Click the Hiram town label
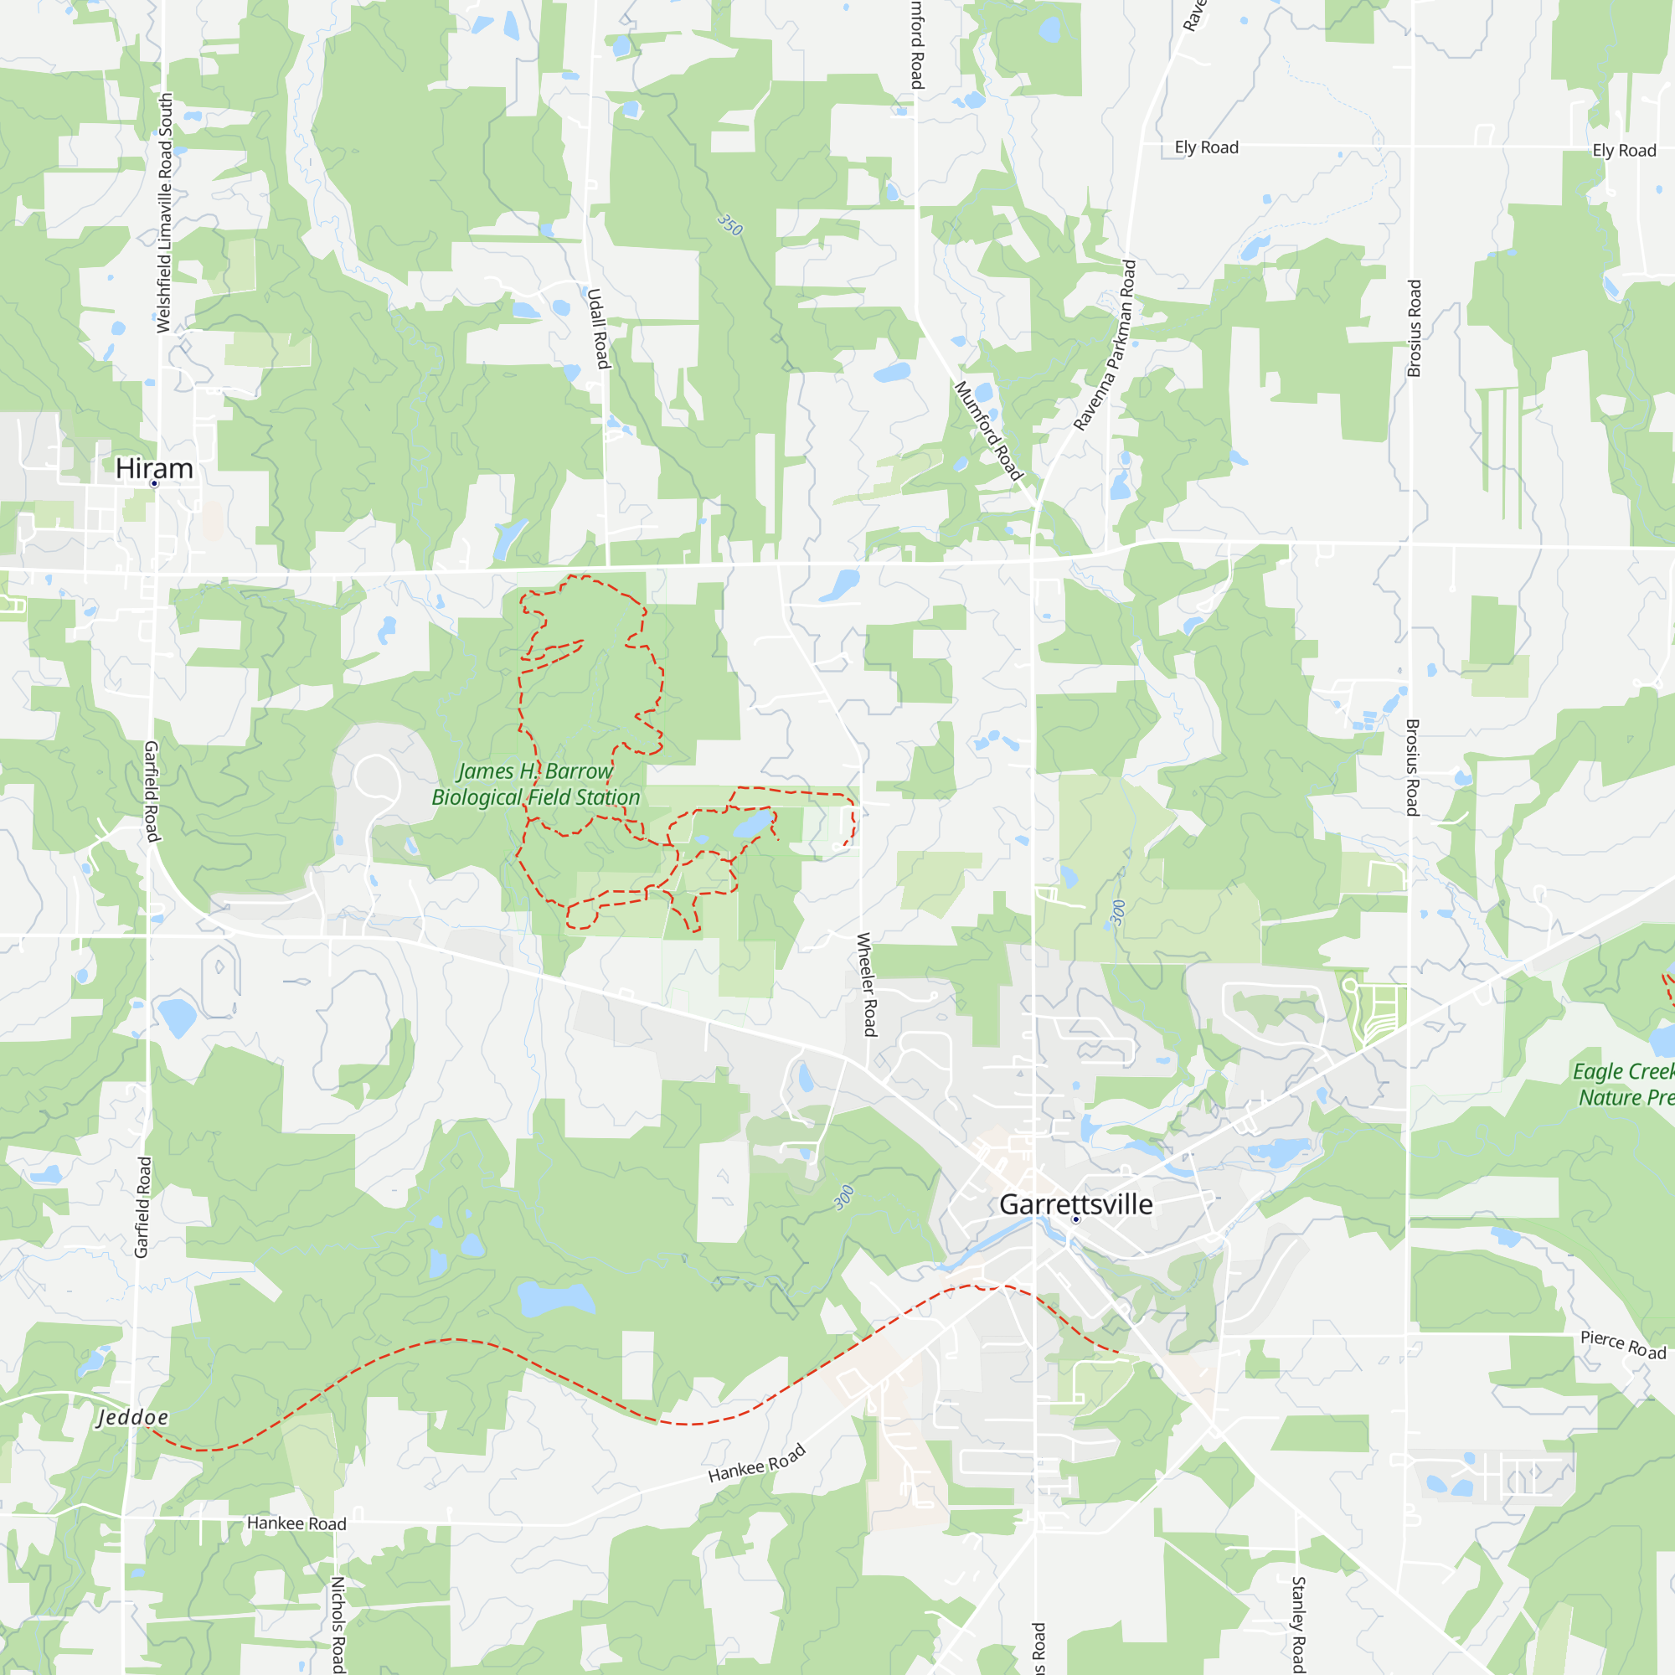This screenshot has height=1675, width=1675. [154, 468]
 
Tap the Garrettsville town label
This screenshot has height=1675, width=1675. [1076, 1204]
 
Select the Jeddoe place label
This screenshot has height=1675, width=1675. [132, 1418]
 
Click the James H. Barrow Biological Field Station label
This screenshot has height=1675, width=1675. [536, 784]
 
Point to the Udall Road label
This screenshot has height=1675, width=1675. [598, 328]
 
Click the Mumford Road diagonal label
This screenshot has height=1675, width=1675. [988, 430]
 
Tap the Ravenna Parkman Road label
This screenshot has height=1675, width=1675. [1105, 345]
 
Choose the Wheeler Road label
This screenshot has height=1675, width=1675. [866, 984]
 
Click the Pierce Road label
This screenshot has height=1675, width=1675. [1623, 1345]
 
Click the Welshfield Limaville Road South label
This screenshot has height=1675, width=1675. [165, 214]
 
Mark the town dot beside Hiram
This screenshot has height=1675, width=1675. [154, 484]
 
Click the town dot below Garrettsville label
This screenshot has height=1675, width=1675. [1076, 1219]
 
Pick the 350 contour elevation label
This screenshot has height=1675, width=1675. [730, 225]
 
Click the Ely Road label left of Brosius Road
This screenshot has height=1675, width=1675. [1206, 147]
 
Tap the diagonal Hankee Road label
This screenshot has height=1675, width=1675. [757, 1463]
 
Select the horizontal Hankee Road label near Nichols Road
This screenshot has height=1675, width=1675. [296, 1523]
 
